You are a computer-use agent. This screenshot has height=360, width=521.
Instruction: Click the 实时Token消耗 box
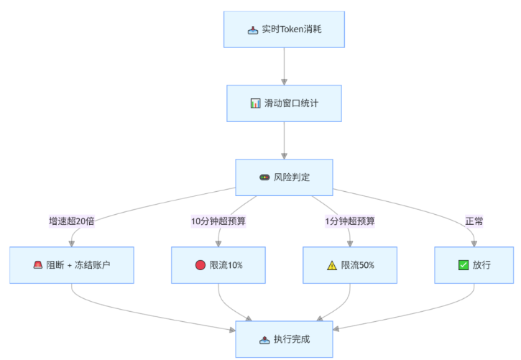tap(284, 29)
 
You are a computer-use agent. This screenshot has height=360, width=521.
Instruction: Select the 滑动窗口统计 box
tap(284, 103)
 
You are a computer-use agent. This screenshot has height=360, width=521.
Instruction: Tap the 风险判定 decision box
tap(284, 177)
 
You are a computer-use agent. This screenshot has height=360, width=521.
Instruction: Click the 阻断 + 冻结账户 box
tap(71, 264)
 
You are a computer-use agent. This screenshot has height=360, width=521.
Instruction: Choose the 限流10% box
tap(218, 264)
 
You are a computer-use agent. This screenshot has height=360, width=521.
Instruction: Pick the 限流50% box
tap(349, 264)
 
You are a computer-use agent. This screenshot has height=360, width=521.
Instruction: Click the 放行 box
tap(474, 264)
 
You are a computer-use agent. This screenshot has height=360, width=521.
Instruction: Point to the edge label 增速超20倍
tap(72, 221)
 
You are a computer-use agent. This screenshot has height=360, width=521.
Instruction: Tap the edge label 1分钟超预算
tap(350, 221)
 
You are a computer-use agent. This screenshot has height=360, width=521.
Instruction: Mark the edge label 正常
tap(474, 221)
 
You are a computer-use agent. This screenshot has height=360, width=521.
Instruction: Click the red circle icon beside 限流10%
tap(200, 265)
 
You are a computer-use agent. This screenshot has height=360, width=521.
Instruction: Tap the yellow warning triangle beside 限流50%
tap(331, 265)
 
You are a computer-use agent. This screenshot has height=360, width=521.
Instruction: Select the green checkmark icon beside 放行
tap(464, 265)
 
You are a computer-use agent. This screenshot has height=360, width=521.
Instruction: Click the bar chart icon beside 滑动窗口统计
tap(255, 103)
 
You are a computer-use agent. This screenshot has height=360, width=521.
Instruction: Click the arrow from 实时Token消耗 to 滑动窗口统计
tap(284, 66)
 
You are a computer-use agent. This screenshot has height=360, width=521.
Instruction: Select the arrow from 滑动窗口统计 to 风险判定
tap(284, 140)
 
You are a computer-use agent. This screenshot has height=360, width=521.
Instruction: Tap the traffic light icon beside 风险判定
tap(264, 177)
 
